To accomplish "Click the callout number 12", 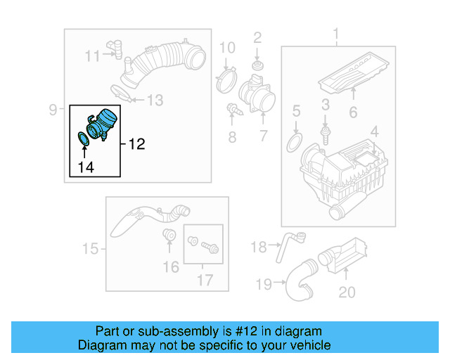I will click(136, 144).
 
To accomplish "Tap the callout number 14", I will click(85, 167).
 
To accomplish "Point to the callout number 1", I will click(335, 34).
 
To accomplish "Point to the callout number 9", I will click(53, 109).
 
